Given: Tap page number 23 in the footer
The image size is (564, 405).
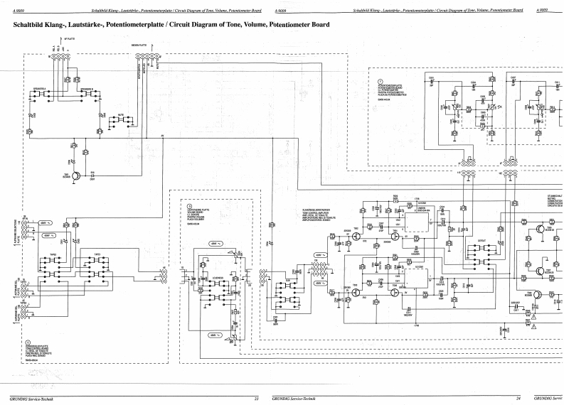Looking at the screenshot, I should [x=256, y=399].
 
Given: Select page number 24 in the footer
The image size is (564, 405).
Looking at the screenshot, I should [x=519, y=399].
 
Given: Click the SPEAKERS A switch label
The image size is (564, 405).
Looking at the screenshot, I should [x=39, y=90].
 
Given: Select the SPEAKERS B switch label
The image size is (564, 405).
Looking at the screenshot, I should [x=87, y=90].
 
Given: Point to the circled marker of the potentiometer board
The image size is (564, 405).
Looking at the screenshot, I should [x=381, y=81].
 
